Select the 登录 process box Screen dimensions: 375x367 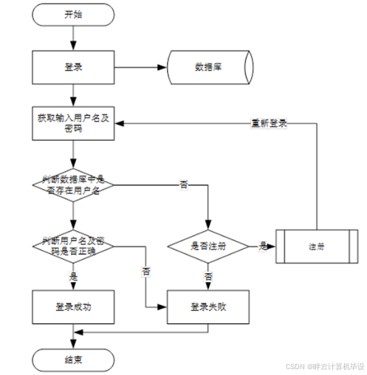point(72,67)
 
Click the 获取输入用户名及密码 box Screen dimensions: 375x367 point(72,123)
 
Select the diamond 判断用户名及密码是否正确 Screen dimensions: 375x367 point(72,245)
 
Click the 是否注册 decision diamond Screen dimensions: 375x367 point(207,245)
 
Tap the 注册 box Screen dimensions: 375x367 point(315,245)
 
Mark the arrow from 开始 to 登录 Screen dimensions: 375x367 point(72,37)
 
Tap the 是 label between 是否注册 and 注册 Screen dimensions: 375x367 point(261,244)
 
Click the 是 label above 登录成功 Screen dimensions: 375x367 point(72,276)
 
